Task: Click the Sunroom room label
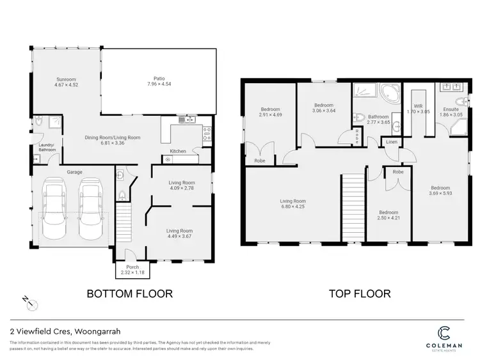pyautogui.click(x=67, y=78)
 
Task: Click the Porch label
pyautogui.click(x=132, y=267)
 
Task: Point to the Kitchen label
pyautogui.click(x=177, y=152)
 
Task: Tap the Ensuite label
pyautogui.click(x=451, y=109)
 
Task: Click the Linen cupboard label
pyautogui.click(x=392, y=141)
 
